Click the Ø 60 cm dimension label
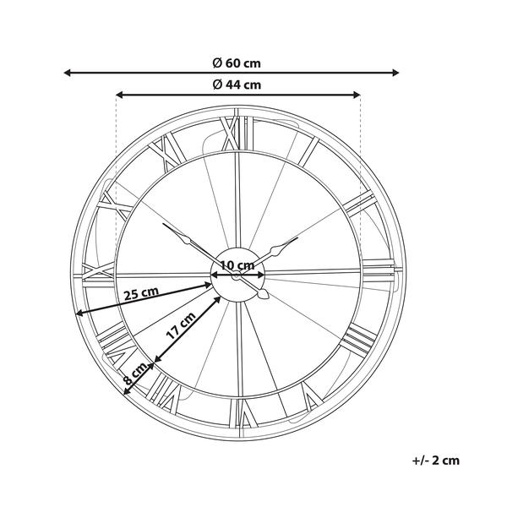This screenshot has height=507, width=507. tap(237, 61)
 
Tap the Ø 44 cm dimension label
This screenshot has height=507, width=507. tap(237, 84)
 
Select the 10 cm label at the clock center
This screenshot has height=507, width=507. tap(237, 265)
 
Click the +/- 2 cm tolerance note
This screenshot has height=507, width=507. tap(435, 461)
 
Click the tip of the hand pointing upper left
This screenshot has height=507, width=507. tap(164, 224)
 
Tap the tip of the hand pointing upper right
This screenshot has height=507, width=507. tap(297, 238)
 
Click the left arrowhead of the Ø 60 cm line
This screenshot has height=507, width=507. tap(68, 73)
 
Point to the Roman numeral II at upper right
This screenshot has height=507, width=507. tap(359, 203)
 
